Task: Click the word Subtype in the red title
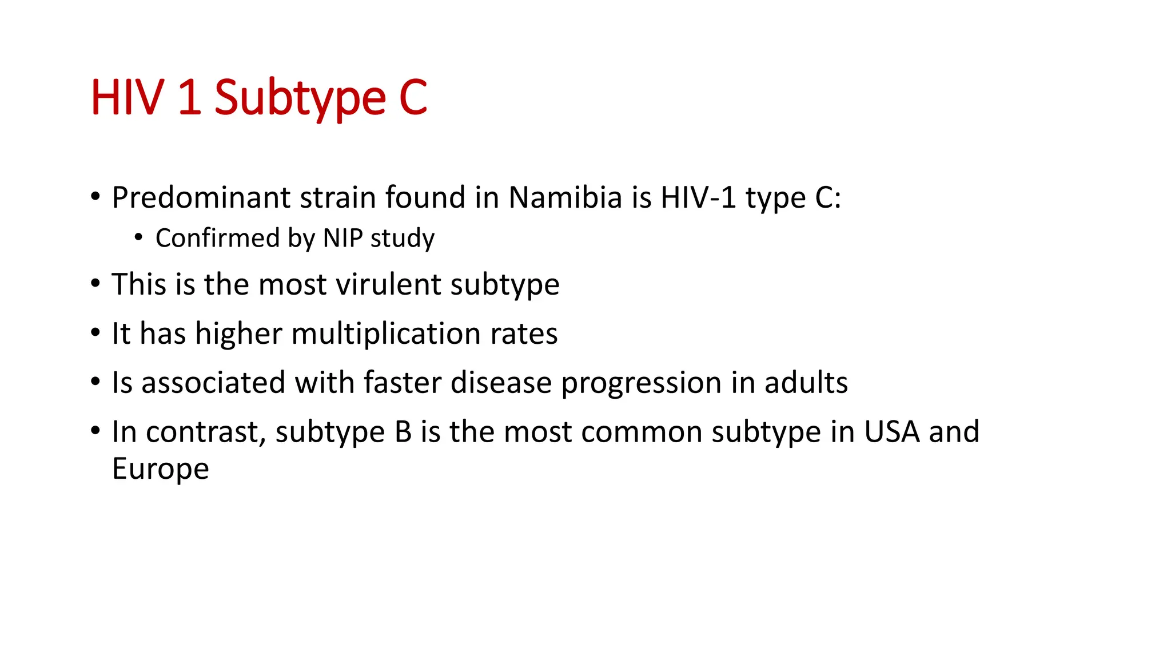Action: pos(300,98)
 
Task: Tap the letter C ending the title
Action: pos(413,97)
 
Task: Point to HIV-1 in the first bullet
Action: pos(698,197)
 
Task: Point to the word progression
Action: pos(641,383)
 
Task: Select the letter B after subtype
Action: pos(403,432)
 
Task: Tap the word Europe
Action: pos(161,469)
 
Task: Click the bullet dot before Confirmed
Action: pos(138,236)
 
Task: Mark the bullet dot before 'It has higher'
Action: pos(95,332)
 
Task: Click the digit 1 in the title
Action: pos(189,97)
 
